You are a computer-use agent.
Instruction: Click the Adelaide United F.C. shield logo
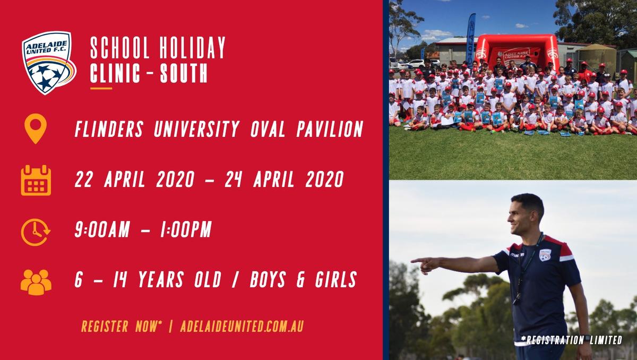click(x=49, y=63)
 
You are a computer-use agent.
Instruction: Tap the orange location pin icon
click(x=36, y=128)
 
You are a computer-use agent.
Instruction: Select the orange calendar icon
click(x=36, y=181)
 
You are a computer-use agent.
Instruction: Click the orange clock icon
click(x=35, y=232)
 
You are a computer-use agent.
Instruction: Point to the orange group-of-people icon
click(x=36, y=282)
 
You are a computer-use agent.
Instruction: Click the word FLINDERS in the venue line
click(x=109, y=129)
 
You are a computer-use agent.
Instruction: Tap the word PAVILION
click(x=330, y=129)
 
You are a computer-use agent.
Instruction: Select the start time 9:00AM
click(x=102, y=229)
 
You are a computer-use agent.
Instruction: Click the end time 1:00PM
click(x=186, y=229)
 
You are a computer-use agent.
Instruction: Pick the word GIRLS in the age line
click(x=336, y=279)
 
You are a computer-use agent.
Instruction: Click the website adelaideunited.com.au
click(x=242, y=326)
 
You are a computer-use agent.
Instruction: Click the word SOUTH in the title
click(x=184, y=73)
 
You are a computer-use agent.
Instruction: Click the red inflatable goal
click(x=517, y=52)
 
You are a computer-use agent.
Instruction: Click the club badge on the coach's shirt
click(x=545, y=255)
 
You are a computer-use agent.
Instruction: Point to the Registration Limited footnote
click(x=572, y=340)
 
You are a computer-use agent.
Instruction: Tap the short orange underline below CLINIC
click(x=101, y=89)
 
